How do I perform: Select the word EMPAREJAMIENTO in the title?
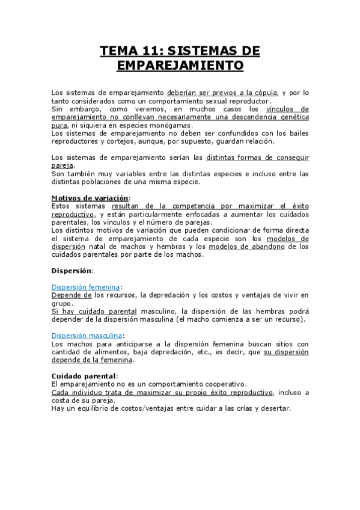[x=180, y=65]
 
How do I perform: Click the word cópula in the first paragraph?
[x=263, y=93]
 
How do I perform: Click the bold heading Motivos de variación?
[x=90, y=198]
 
